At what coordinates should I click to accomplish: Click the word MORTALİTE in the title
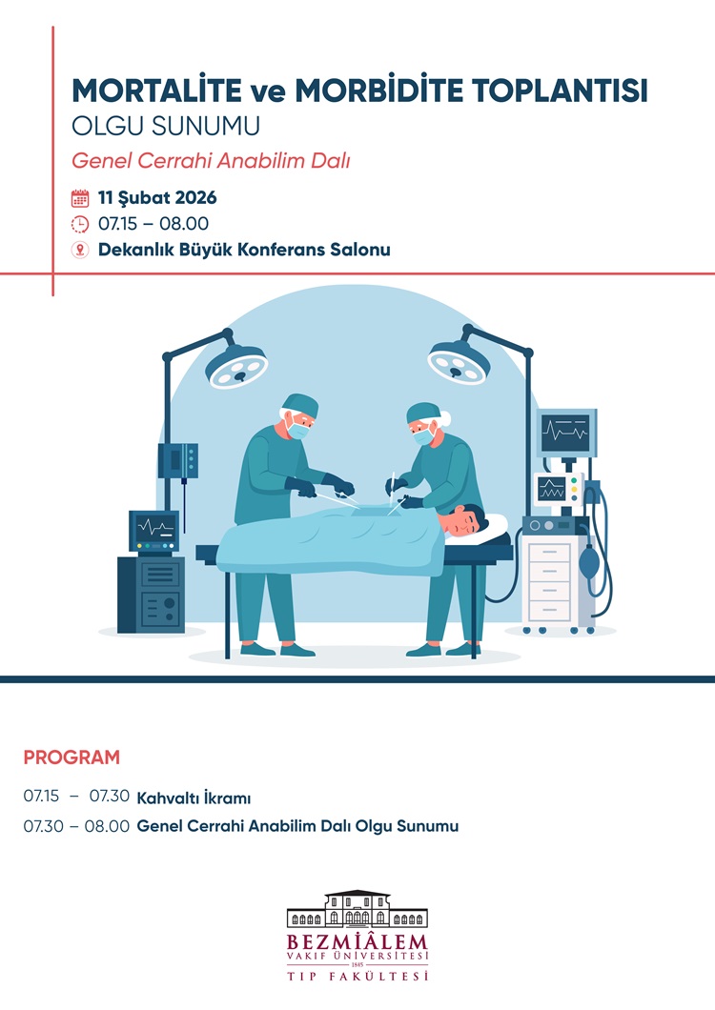pyautogui.click(x=156, y=91)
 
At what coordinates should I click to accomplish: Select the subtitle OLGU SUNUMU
pyautogui.click(x=166, y=126)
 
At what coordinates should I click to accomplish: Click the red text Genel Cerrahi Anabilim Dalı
pyautogui.click(x=210, y=160)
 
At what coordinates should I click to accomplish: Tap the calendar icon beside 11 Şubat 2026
pyautogui.click(x=80, y=198)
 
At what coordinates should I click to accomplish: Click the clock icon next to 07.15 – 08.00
pyautogui.click(x=80, y=224)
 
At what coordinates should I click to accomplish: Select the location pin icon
pyautogui.click(x=80, y=250)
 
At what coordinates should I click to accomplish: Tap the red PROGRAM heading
pyautogui.click(x=71, y=757)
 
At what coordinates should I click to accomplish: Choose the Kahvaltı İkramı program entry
pyautogui.click(x=194, y=798)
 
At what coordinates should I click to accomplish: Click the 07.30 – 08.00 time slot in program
pyautogui.click(x=76, y=826)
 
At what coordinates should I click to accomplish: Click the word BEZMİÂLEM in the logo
pyautogui.click(x=357, y=941)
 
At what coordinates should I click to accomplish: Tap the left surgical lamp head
pyautogui.click(x=236, y=366)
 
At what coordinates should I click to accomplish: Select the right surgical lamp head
pyautogui.click(x=460, y=362)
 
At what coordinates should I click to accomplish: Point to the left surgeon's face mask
pyautogui.click(x=297, y=430)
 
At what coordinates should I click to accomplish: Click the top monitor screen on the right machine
pyautogui.click(x=565, y=433)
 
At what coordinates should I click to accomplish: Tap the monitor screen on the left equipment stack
pyautogui.click(x=154, y=528)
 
